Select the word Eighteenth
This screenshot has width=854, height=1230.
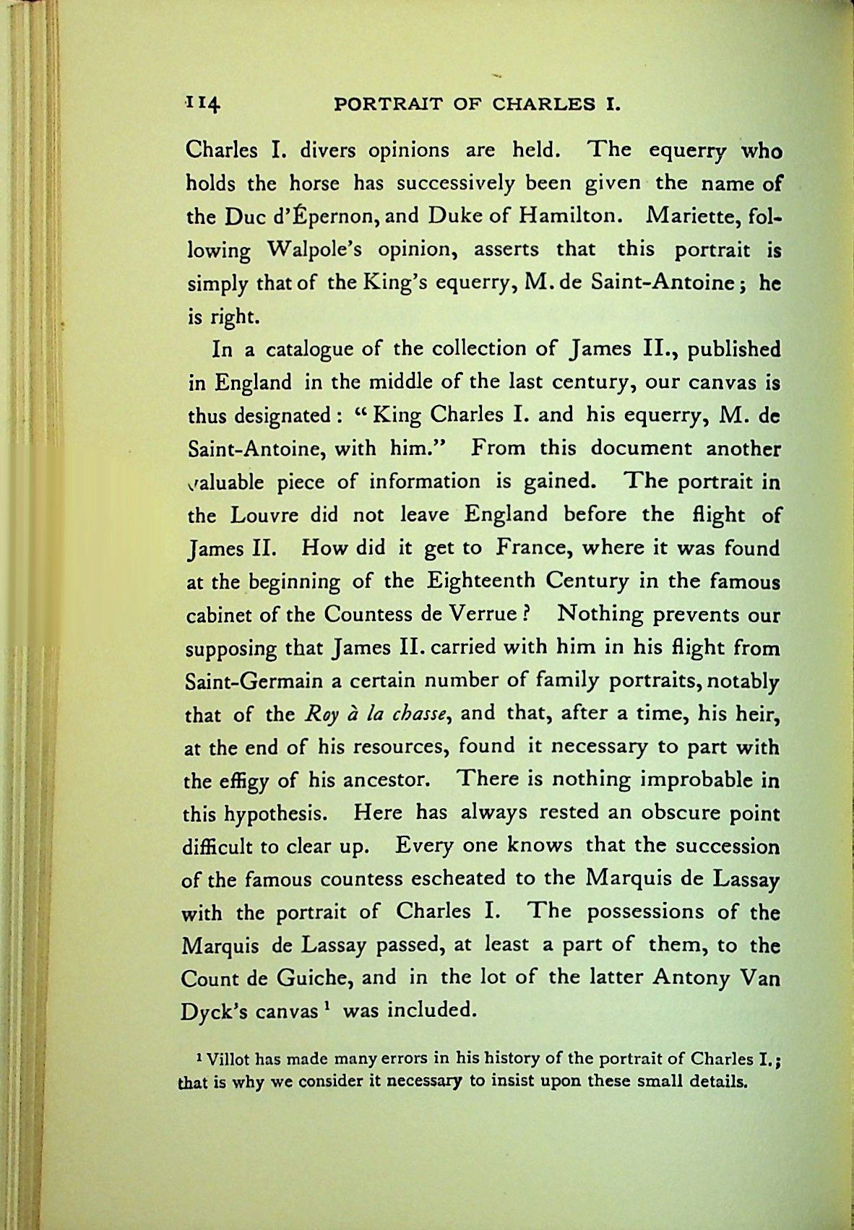480,581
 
